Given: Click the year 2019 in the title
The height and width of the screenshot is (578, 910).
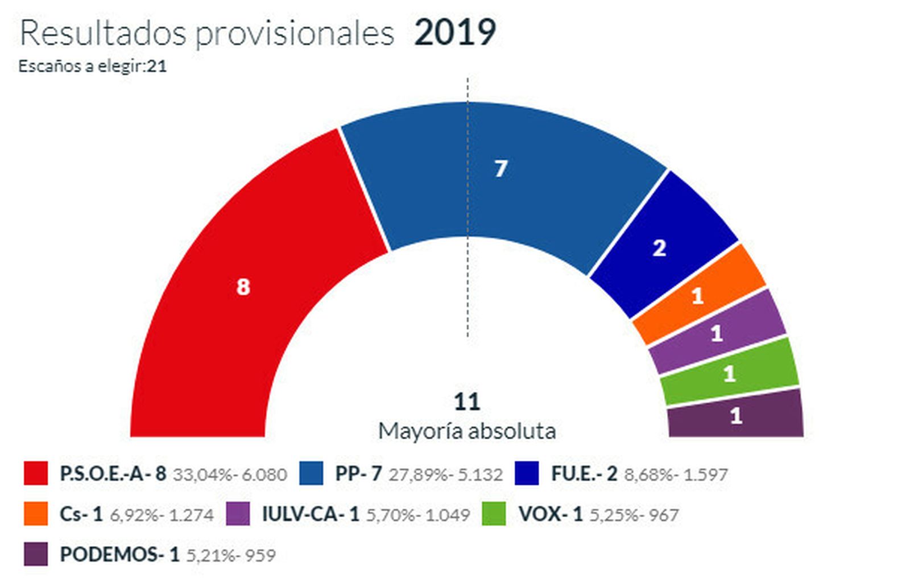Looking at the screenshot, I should [x=455, y=32].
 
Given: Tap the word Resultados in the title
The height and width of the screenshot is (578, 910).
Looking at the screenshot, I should [x=103, y=33].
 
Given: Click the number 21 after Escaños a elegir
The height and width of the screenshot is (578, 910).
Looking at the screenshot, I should [x=156, y=66].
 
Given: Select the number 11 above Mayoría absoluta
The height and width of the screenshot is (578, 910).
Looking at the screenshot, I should [x=466, y=402].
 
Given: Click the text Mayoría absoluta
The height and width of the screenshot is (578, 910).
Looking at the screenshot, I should [x=466, y=431].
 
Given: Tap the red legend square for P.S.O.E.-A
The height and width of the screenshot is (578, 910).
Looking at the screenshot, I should [x=35, y=473].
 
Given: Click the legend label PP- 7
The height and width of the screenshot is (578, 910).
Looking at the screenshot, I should [x=358, y=473].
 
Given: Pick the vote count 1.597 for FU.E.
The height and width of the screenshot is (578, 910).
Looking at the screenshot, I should [x=704, y=474].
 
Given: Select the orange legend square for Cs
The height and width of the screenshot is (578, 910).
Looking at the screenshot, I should [x=35, y=514].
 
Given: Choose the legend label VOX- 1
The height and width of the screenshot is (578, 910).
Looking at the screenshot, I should [x=550, y=514].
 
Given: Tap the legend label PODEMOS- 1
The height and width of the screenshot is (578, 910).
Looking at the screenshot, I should [x=119, y=554].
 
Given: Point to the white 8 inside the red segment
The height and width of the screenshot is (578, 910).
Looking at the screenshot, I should [x=243, y=287].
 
